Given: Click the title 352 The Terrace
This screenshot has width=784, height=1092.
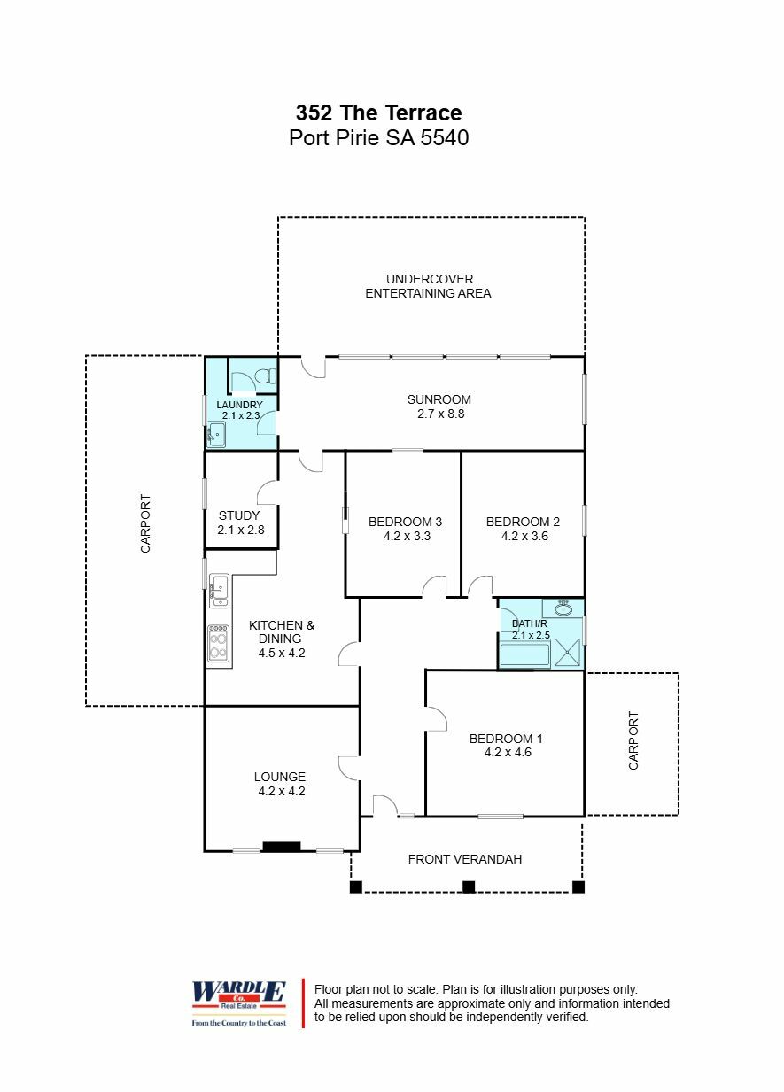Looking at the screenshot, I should [378, 113].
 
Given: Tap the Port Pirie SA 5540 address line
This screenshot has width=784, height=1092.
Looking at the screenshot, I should [378, 139].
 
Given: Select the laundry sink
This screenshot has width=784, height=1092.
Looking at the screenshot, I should [216, 435].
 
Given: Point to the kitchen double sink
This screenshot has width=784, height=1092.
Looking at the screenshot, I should [219, 589].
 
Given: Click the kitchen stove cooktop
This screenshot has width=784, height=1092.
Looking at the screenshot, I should [218, 644].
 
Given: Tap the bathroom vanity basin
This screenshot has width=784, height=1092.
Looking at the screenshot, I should [563, 608].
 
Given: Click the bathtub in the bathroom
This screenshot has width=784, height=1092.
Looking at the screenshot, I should [524, 655].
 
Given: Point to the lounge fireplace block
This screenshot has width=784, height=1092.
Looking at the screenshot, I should [282, 847].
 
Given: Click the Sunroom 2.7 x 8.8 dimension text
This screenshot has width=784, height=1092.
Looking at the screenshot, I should [439, 414].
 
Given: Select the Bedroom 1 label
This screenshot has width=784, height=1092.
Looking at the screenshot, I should [506, 739].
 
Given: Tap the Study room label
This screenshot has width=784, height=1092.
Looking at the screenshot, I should [239, 515].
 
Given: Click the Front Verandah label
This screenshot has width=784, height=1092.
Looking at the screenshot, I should [464, 859].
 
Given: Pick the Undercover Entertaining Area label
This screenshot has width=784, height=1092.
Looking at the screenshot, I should [429, 286].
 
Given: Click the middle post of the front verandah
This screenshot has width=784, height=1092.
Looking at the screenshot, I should [469, 887].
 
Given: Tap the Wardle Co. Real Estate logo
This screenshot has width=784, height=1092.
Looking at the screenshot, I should [239, 1003].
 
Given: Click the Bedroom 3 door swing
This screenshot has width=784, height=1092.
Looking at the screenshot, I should [434, 586].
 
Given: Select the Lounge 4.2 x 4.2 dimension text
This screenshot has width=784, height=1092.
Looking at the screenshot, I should [282, 792].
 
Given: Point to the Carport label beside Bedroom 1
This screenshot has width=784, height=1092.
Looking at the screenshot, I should [633, 740].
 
